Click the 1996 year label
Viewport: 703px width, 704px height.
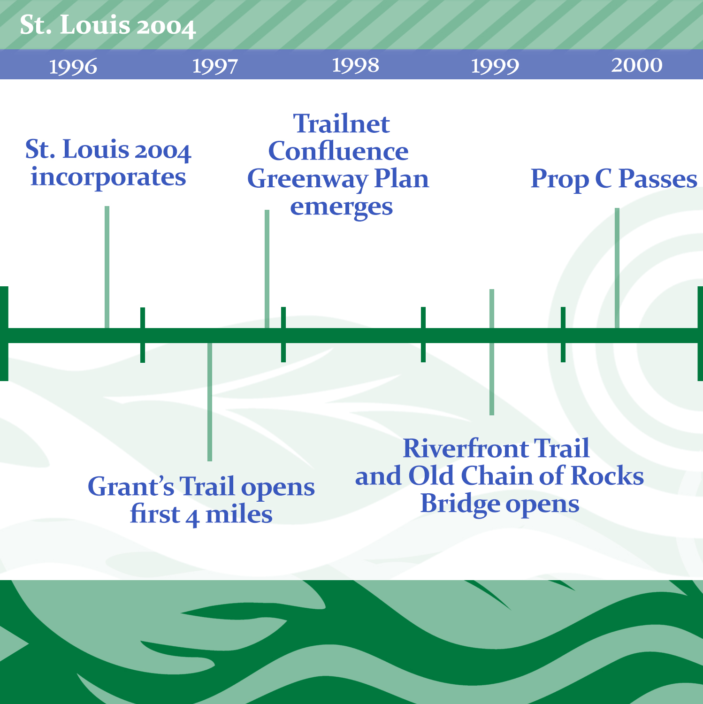[x=73, y=66]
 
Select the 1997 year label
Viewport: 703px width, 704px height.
[x=215, y=66]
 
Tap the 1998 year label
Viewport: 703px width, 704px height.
[x=355, y=65]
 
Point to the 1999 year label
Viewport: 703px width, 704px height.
[x=495, y=66]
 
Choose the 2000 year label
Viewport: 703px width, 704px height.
[x=637, y=65]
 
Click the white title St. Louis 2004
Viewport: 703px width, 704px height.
[x=107, y=25]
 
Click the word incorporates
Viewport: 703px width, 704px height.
[x=108, y=178]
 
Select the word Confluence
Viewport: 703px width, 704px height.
[x=338, y=151]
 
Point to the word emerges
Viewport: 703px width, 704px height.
[x=342, y=207]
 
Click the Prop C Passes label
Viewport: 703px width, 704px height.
[x=614, y=179]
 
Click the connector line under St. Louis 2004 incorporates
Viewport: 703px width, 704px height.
[x=107, y=267]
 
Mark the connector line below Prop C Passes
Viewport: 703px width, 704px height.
[x=617, y=268]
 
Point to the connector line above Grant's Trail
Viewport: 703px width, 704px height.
[x=210, y=402]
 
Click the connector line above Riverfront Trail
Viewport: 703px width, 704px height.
[x=492, y=352]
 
